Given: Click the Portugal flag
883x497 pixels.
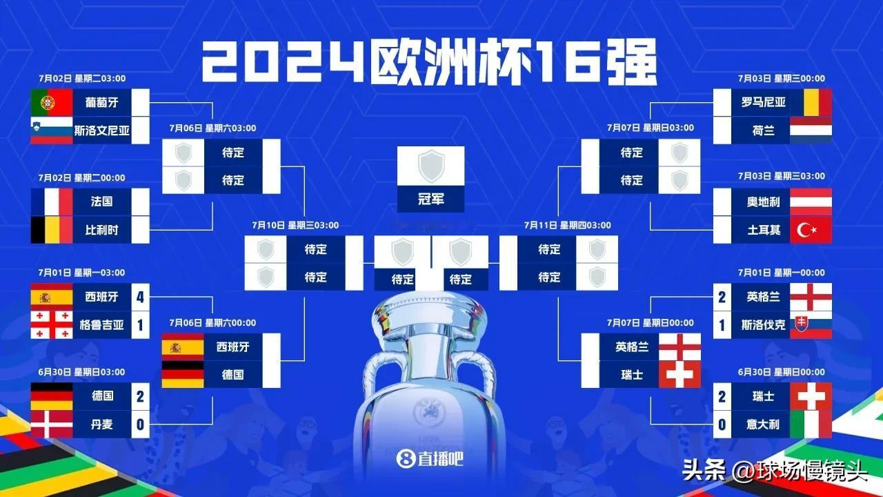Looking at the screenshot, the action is (x=52, y=103).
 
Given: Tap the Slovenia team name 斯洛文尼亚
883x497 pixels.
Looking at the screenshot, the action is (x=101, y=130).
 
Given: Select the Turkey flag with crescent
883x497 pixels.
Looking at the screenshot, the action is (x=811, y=230).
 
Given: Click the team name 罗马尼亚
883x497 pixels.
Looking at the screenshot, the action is (x=764, y=103).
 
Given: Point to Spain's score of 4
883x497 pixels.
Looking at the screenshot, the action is (x=140, y=297).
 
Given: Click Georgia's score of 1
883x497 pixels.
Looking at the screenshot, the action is (x=140, y=325).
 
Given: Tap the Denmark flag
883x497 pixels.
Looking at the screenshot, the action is (x=52, y=424).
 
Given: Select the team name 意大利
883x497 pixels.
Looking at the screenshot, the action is (x=763, y=425).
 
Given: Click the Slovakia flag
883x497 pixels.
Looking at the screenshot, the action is (x=811, y=324).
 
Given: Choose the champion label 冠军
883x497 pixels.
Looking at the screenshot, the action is (x=431, y=199).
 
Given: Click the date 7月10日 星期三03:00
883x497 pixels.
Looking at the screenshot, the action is (x=295, y=225).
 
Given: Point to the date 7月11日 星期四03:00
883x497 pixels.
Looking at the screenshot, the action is (x=567, y=225).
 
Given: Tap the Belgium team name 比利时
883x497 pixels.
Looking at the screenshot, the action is (x=101, y=230).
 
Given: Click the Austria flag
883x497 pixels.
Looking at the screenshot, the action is (x=811, y=202).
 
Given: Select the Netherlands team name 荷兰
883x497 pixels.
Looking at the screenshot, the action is (x=764, y=130).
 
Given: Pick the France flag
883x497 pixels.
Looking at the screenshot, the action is (x=52, y=202).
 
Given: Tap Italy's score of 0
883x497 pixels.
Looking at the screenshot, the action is (x=722, y=425).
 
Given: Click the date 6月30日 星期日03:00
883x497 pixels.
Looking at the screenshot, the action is (x=81, y=372).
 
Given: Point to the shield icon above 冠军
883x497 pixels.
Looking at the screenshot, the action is (x=431, y=166).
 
